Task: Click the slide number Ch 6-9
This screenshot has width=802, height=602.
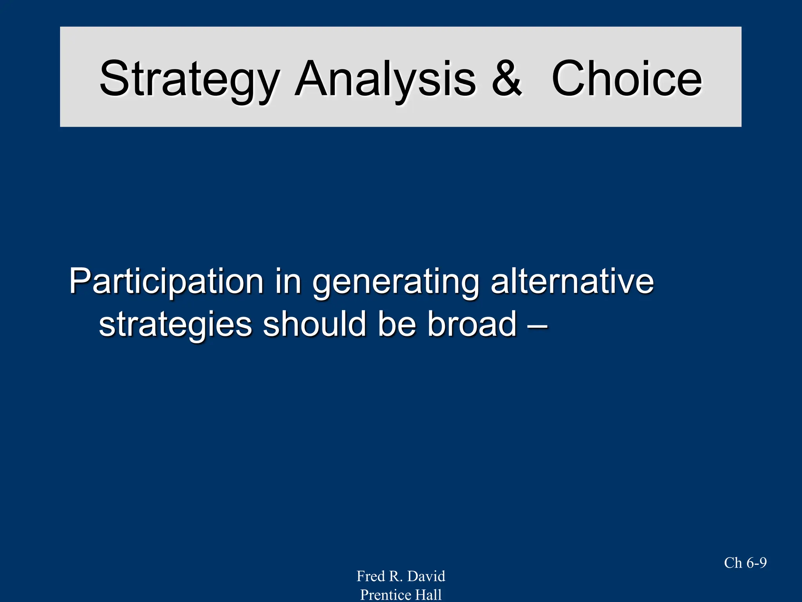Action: click(745, 563)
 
